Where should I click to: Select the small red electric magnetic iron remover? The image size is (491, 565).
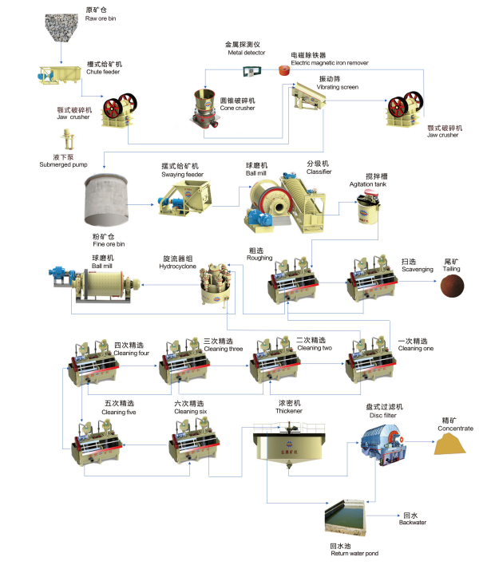pyautogui.click(x=283, y=71)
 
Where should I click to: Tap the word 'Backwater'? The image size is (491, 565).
pyautogui.click(x=414, y=523)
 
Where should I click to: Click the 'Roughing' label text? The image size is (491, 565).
pyautogui.click(x=259, y=258)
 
